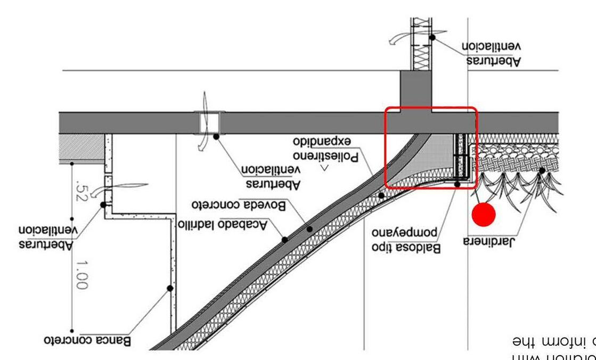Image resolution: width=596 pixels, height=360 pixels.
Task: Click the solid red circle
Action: tap(484, 214)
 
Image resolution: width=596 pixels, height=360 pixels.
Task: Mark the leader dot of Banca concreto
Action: tap(170, 288)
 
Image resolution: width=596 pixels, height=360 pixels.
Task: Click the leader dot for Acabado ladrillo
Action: tap(285, 240)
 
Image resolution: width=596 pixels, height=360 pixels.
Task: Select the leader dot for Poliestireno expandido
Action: tap(381, 196)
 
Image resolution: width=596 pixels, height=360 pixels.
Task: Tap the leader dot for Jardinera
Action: tap(542, 171)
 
